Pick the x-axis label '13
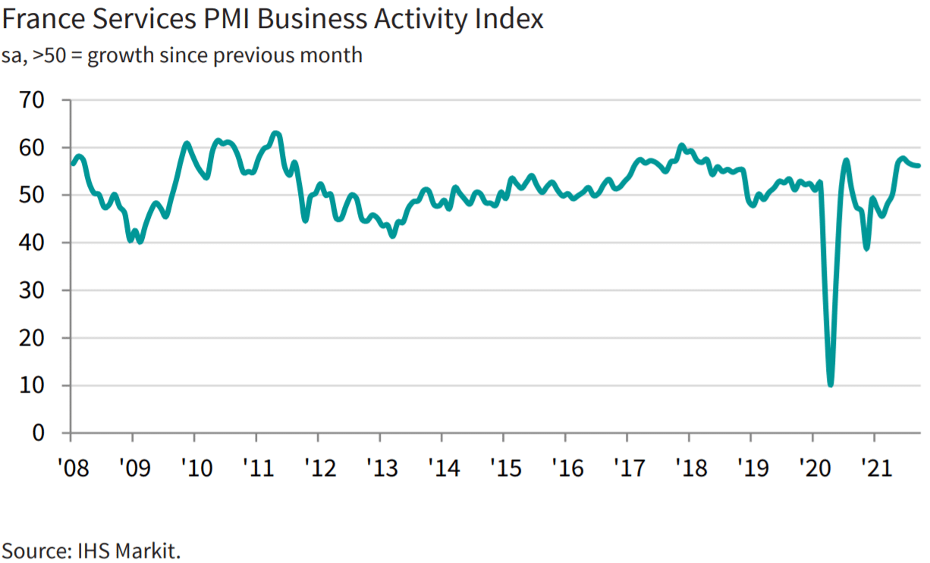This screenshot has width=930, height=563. tap(382, 468)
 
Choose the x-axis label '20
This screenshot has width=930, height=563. tap(815, 468)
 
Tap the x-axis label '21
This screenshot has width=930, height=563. tap(876, 468)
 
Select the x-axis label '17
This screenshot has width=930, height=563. tap(629, 468)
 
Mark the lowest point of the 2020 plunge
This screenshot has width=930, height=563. tap(831, 384)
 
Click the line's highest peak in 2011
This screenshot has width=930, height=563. tap(275, 133)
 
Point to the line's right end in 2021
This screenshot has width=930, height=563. tap(919, 166)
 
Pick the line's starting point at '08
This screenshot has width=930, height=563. tap(71, 164)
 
